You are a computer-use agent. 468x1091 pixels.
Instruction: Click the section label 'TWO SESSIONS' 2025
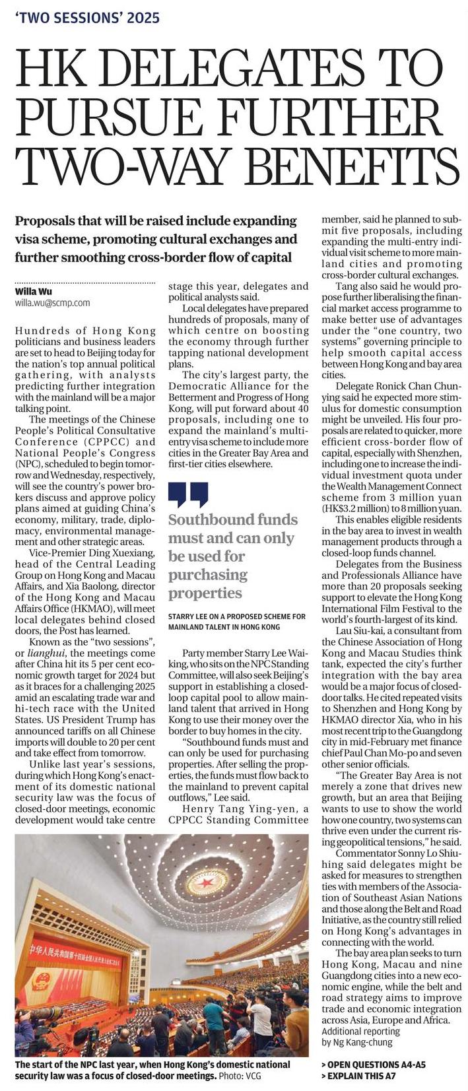pyautogui.click(x=87, y=18)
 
